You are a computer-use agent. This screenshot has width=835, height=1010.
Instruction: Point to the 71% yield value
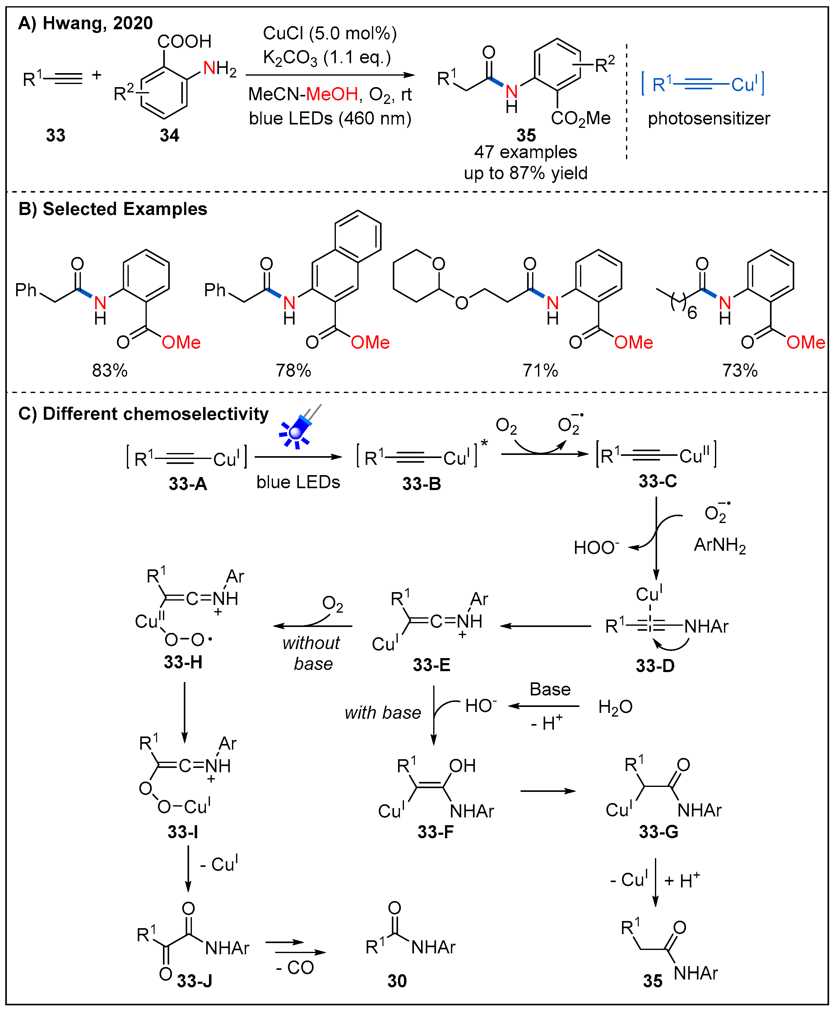tap(540, 370)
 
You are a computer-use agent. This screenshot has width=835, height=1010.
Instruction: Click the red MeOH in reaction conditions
tap(332, 94)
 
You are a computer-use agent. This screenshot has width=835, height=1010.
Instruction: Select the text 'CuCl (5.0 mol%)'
tap(330, 34)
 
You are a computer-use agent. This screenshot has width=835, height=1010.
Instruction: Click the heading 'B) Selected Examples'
tap(113, 209)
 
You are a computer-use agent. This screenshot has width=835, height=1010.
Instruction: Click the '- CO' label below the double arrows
tap(295, 968)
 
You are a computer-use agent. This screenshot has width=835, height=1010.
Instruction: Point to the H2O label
tap(615, 707)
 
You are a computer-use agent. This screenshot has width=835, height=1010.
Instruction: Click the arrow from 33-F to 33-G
tap(548, 791)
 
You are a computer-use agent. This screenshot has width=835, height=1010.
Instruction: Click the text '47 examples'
tap(526, 152)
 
